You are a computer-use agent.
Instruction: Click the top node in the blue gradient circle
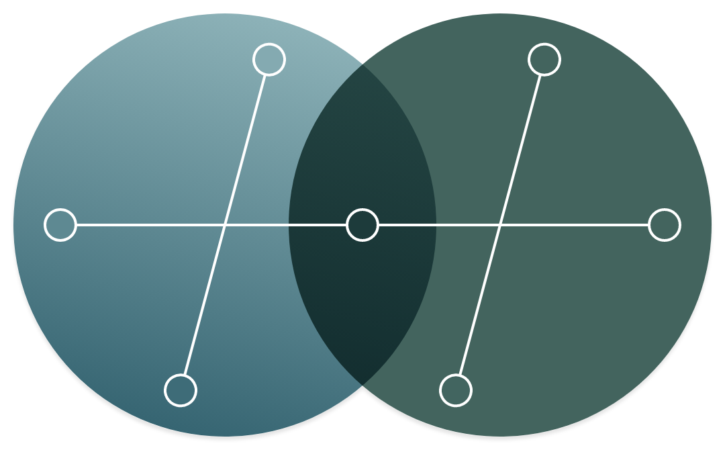point(269,60)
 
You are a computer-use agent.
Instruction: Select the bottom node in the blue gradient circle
point(181,390)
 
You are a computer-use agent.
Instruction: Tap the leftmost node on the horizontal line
point(60,225)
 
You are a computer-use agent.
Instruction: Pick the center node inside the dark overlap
point(362,225)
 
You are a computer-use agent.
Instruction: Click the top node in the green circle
point(544,60)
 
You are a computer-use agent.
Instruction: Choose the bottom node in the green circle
point(456,390)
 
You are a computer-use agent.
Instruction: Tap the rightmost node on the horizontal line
point(665,225)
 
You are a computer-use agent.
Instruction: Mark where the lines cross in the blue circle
point(225,225)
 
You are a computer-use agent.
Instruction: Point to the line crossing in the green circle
point(500,225)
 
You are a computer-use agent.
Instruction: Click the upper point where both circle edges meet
point(362,64)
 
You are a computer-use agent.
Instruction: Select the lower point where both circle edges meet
point(362,386)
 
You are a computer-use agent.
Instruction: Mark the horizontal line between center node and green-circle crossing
point(436,225)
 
